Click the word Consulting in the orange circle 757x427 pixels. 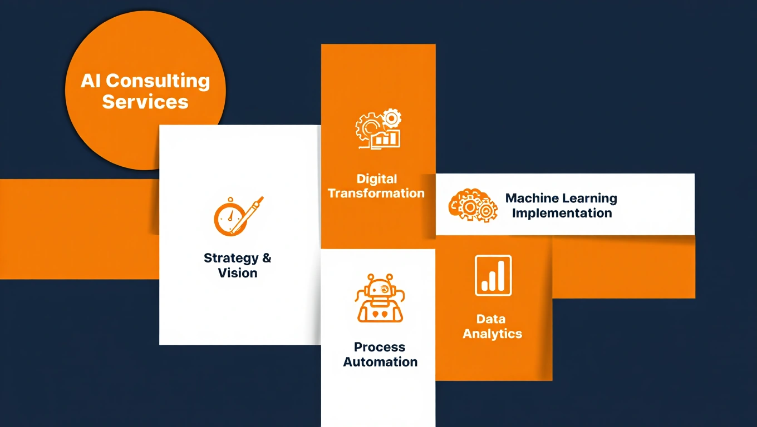[x=158, y=82]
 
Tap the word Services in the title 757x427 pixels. [x=145, y=102]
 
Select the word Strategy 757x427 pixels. [x=231, y=258]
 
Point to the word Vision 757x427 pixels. [x=238, y=273]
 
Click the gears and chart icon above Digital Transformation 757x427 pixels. [x=378, y=130]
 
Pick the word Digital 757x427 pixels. [x=377, y=179]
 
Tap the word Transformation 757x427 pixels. [x=376, y=193]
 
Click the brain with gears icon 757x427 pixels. [x=473, y=206]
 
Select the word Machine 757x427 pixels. [x=532, y=198]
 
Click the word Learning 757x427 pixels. [x=589, y=198]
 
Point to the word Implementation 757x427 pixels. [x=562, y=213]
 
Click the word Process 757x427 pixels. [x=380, y=347]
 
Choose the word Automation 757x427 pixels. [x=380, y=362]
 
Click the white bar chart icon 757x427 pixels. [x=493, y=276]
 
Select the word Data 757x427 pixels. [x=491, y=319]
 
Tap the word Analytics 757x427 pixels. [x=493, y=334]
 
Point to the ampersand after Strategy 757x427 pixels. [x=267, y=258]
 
